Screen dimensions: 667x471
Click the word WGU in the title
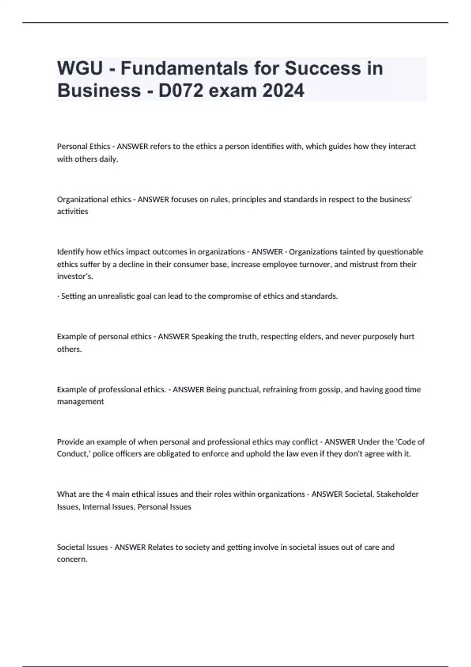[80, 68]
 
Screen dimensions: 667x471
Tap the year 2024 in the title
[283, 91]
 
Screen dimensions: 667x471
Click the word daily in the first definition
[109, 159]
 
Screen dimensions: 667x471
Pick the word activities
[73, 211]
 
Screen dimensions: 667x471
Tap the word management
[80, 402]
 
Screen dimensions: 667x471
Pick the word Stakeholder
[397, 494]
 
